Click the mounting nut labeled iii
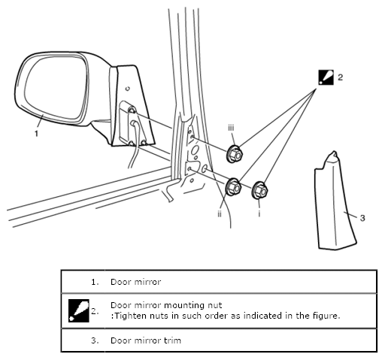(235, 154)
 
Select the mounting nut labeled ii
(234, 186)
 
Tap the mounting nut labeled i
(259, 191)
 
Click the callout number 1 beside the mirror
(37, 134)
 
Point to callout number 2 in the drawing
(340, 77)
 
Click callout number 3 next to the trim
(362, 218)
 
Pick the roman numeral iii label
(231, 128)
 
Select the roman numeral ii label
(220, 213)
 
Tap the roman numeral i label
(259, 213)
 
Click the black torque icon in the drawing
(326, 77)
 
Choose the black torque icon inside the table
(79, 310)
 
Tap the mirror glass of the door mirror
(56, 87)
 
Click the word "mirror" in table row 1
(147, 282)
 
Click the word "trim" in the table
(172, 340)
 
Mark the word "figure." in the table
(327, 316)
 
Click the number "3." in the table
(95, 340)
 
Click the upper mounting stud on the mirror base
(132, 110)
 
